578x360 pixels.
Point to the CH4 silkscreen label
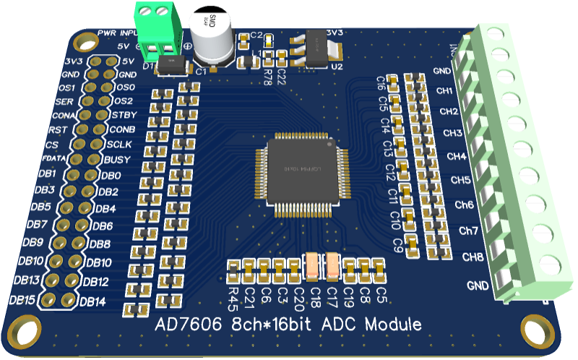[456, 156]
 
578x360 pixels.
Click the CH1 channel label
[446, 90]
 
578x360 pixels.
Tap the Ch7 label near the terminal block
[469, 231]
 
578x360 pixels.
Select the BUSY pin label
[116, 160]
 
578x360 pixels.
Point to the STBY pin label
[124, 115]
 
